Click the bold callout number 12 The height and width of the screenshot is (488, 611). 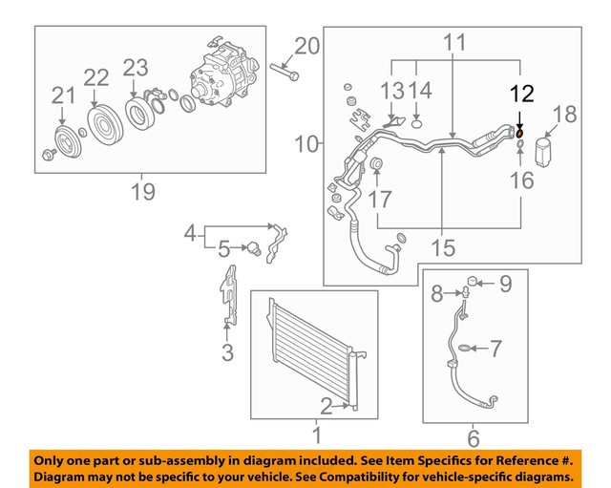522,94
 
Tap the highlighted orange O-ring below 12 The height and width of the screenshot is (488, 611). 519,134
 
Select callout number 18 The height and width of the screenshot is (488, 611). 564,115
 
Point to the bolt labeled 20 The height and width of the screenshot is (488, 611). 284,73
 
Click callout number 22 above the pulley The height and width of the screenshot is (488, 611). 96,77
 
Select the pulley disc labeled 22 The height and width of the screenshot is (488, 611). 105,126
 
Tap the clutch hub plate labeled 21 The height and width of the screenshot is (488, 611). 67,141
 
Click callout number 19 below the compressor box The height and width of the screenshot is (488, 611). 143,192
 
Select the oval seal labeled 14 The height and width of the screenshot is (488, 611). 416,125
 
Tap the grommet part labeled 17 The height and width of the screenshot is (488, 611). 376,164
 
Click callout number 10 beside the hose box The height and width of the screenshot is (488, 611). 306,144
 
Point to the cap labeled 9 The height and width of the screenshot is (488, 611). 473,281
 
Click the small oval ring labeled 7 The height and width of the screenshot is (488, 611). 463,348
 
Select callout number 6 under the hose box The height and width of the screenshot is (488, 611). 474,439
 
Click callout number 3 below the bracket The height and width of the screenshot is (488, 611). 227,352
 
